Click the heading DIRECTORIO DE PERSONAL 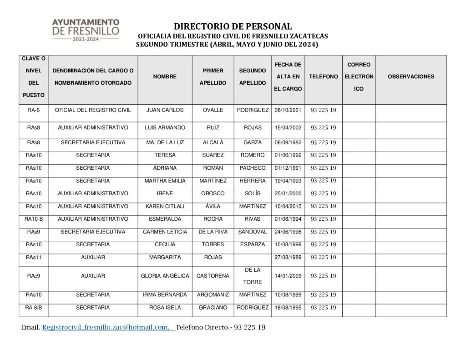233,27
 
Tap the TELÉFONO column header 323,77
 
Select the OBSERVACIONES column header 410,77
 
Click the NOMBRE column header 165,77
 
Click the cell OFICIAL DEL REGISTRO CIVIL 93,110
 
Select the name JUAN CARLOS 165,110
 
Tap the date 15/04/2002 289,128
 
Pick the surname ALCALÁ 213,143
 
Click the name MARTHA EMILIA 165,181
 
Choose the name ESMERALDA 165,219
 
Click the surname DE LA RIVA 213,232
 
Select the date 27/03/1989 289,258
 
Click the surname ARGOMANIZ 213,295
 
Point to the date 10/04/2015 289,206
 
